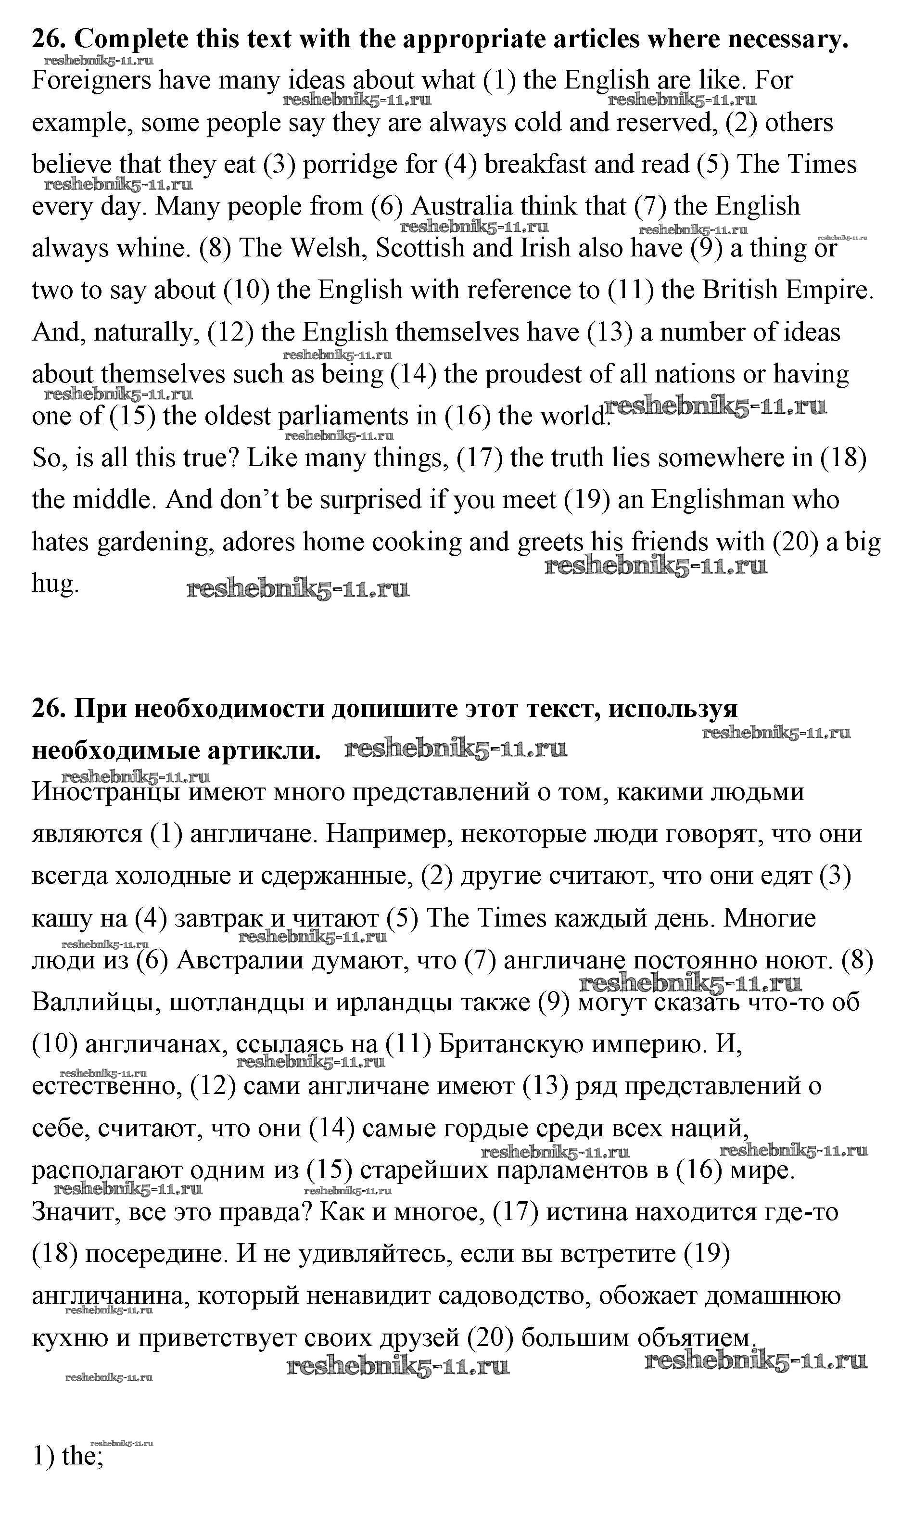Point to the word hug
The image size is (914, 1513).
55,584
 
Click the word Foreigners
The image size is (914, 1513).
91,81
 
